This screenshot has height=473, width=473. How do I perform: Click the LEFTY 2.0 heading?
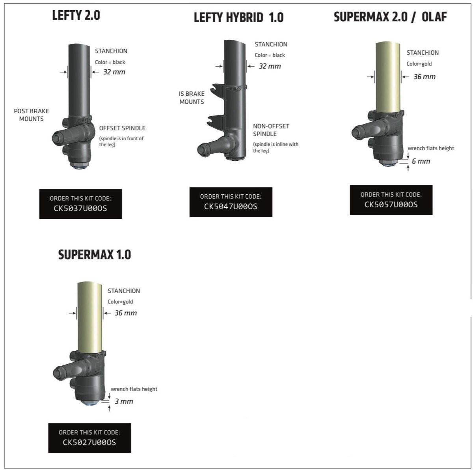point(76,15)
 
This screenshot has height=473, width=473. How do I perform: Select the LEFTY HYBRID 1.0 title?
point(238,18)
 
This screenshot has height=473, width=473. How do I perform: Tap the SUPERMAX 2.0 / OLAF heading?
point(390,17)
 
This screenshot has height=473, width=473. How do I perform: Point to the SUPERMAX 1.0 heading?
point(95,255)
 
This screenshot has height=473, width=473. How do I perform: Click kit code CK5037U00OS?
point(80,208)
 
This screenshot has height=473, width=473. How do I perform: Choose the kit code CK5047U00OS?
point(231,206)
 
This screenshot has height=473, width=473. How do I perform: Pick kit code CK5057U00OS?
point(391,204)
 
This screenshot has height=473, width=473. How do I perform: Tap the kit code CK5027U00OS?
point(89,442)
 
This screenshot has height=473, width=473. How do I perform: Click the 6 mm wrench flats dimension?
point(421,161)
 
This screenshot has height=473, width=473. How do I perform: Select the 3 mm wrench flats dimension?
point(124,401)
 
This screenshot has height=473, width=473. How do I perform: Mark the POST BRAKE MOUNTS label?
point(32,115)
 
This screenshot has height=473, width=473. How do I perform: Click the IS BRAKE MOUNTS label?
point(192,98)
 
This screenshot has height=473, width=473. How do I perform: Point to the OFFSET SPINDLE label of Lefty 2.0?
point(122,128)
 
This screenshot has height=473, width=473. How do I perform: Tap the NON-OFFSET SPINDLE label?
point(271,130)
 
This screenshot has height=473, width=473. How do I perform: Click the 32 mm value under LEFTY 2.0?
point(114,72)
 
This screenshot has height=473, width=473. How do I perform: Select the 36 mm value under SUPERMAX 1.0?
point(125,313)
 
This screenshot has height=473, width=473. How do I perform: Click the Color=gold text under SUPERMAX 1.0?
point(120,302)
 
